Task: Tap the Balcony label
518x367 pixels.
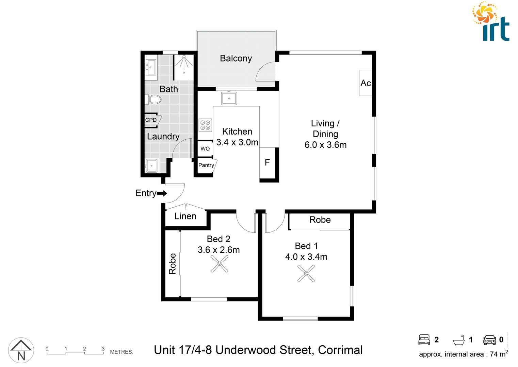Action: (236, 58)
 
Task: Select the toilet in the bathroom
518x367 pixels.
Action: (153, 100)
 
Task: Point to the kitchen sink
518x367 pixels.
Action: (229, 99)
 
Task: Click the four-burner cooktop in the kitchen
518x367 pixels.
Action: (205, 125)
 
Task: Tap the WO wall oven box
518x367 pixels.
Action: (205, 148)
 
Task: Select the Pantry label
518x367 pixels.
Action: (206, 165)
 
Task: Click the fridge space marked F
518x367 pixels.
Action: (268, 162)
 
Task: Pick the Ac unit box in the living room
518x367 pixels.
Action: (366, 83)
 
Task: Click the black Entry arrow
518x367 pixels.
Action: (162, 193)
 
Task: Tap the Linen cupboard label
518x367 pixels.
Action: (185, 216)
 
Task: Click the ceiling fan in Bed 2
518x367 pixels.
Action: (219, 264)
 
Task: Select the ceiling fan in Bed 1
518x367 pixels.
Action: (306, 273)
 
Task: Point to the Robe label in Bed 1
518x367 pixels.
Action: (320, 220)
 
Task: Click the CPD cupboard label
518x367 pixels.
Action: (151, 120)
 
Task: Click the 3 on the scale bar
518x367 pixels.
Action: (103, 349)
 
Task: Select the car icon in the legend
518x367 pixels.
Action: (489, 340)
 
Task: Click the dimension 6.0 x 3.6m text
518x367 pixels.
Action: (325, 145)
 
